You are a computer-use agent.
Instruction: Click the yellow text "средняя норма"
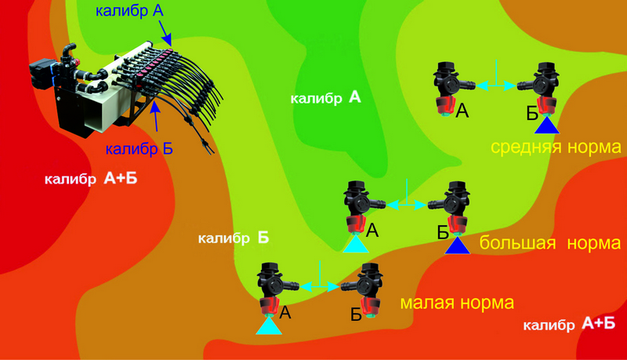556,147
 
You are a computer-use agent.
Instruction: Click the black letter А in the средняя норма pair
462,113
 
